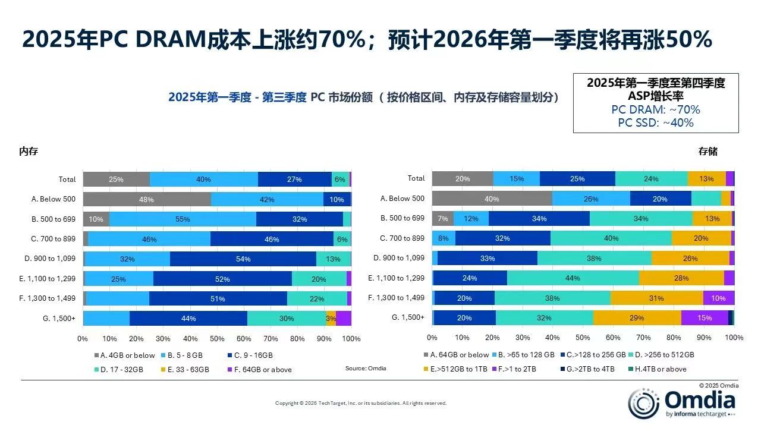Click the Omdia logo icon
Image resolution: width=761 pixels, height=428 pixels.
643,403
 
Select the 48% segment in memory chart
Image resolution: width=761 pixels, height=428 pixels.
147,199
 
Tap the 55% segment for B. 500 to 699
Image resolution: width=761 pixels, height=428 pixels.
183,219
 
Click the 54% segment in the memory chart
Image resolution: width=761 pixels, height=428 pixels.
243,259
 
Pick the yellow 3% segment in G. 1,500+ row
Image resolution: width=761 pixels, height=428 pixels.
331,318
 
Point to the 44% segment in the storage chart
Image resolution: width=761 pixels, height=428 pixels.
573,278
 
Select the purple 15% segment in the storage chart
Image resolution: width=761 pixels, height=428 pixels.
705,318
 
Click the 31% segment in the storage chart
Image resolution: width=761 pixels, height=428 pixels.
656,298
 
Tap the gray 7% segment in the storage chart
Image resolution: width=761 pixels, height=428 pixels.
442,219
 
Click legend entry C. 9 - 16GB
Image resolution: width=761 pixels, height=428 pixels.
250,355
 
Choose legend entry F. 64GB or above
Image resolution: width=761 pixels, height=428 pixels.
259,369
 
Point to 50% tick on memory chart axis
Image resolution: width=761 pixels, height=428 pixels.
217,338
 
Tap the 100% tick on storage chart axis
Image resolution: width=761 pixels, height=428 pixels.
734,338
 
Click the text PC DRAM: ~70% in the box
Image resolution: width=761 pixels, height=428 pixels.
655,110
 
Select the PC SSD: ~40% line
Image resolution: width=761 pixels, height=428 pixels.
655,123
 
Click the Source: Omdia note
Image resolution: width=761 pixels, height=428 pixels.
366,369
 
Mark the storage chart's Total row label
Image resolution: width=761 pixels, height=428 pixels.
416,178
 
